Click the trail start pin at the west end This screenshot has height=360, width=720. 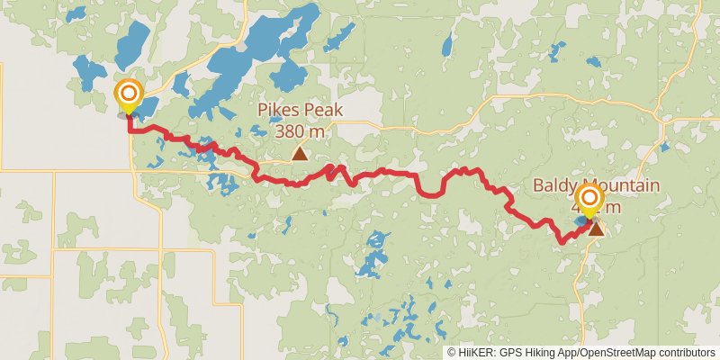129,94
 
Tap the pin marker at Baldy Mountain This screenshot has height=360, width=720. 590,199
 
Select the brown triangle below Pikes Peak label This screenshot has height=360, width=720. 299,154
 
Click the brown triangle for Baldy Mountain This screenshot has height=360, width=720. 596,229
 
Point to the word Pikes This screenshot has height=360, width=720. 279,111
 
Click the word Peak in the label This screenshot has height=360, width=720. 320,111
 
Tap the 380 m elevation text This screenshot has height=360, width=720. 300,130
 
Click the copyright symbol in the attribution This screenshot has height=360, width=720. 452,353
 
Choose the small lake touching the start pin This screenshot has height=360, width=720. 142,106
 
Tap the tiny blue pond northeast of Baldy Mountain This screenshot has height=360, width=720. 664,146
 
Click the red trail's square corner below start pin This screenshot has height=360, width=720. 131,130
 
